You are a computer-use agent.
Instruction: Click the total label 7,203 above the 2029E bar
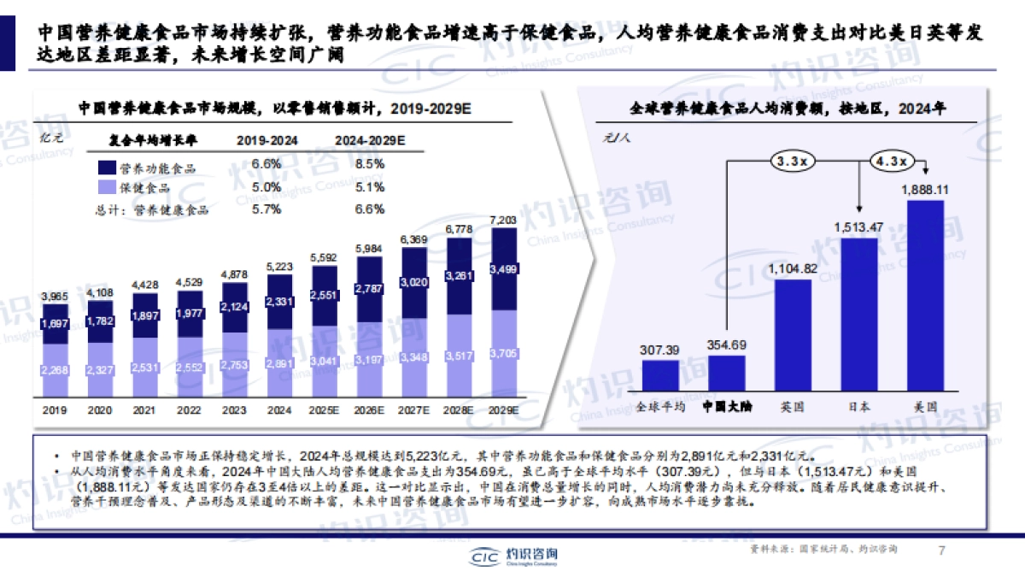click(x=504, y=221)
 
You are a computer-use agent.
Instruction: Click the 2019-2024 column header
click(x=266, y=139)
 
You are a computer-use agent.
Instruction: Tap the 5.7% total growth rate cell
click(x=266, y=209)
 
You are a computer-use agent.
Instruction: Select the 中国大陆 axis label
click(x=726, y=407)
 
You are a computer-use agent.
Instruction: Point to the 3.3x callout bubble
click(x=793, y=160)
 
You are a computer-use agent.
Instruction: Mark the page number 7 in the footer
click(x=941, y=551)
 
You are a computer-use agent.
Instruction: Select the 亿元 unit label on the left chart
click(x=53, y=138)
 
